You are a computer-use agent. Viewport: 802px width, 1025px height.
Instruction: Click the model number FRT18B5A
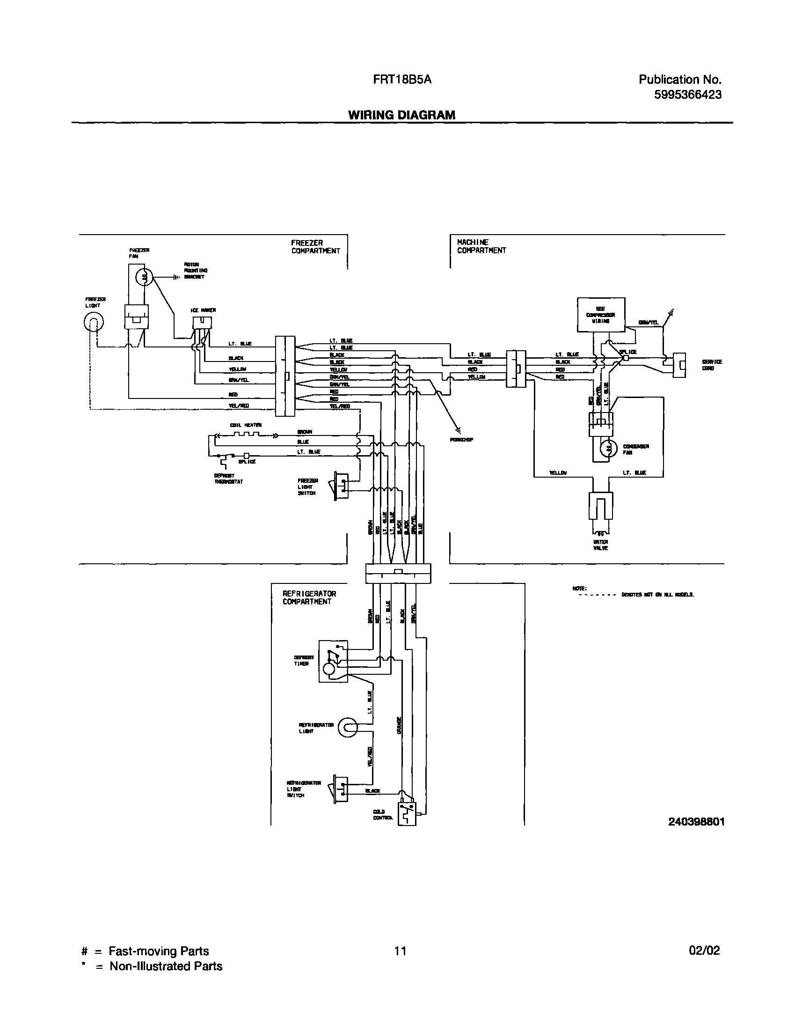[402, 80]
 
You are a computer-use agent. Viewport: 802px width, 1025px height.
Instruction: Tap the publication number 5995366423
[688, 95]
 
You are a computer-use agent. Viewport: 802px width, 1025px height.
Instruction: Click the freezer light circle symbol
[94, 322]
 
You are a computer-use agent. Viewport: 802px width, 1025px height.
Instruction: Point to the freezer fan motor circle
[144, 278]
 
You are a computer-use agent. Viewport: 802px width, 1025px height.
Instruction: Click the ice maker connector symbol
[202, 323]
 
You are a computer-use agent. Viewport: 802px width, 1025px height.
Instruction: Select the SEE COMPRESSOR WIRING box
[600, 314]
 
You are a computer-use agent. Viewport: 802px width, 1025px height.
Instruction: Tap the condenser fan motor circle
[610, 449]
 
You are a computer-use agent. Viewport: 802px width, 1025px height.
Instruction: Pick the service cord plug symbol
[679, 365]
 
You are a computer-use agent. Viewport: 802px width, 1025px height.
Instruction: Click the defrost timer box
[333, 661]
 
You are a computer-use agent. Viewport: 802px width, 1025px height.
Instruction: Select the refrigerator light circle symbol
[348, 728]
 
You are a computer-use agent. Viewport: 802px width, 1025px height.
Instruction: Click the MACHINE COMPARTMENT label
[481, 246]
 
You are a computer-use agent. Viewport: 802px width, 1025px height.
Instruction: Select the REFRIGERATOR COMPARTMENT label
[309, 597]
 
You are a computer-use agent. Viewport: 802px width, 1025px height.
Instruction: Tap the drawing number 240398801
[696, 821]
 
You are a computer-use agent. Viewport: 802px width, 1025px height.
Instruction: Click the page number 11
[400, 951]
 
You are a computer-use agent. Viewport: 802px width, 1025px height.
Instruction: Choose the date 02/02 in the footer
[704, 950]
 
